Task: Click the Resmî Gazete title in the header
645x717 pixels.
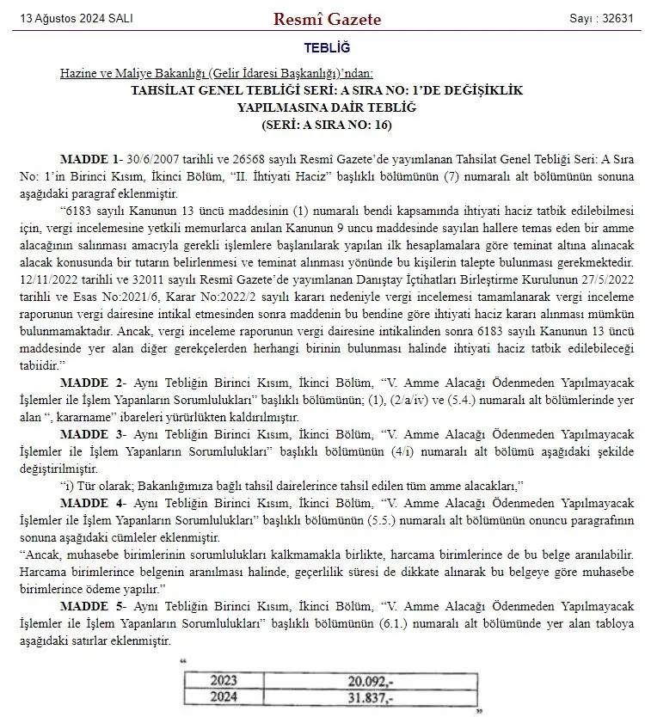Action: click(x=322, y=19)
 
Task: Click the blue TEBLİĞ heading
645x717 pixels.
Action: click(x=327, y=49)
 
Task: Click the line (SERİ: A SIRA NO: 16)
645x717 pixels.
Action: click(x=326, y=124)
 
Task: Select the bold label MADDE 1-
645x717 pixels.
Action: click(x=90, y=160)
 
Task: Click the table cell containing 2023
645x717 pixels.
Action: click(x=224, y=680)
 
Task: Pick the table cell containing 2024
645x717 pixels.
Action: click(x=224, y=696)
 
